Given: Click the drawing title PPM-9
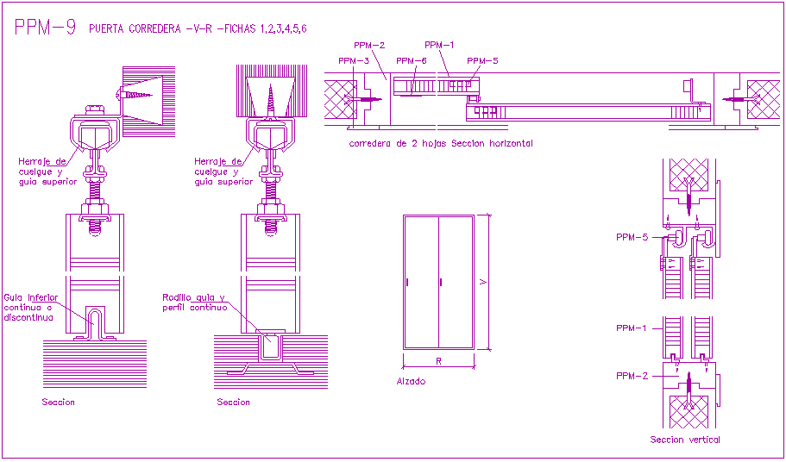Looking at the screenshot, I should (46, 28).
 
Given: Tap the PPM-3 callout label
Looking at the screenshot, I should (354, 61).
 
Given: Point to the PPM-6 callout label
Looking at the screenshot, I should (412, 61).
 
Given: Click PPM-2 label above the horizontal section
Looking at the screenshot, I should (369, 45).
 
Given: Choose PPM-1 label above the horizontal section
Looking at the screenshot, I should (439, 45).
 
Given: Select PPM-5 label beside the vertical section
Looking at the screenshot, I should (632, 236).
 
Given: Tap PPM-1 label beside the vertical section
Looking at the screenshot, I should (632, 328).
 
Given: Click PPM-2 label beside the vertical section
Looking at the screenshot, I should (632, 376).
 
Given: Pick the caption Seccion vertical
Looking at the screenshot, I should (684, 440).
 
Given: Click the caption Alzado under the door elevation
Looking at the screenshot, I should (411, 381).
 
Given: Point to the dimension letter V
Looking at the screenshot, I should (485, 282).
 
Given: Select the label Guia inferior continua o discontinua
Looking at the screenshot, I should (31, 307).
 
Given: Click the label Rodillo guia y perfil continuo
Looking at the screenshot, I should (194, 302).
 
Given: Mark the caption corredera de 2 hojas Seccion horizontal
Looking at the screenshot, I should (440, 143).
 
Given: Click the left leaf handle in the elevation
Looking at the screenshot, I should (407, 282).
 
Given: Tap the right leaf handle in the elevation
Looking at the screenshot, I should (441, 282).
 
